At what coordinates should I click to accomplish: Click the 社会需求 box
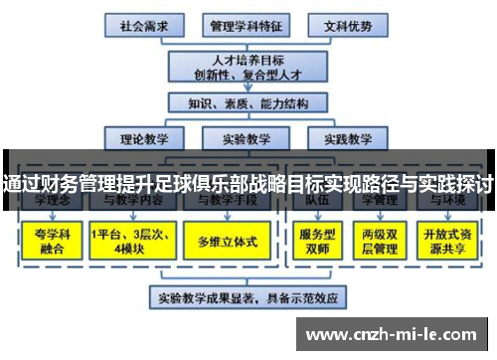[x=141, y=24]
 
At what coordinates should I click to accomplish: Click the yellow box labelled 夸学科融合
[x=50, y=240]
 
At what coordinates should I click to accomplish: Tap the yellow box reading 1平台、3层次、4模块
[x=130, y=240]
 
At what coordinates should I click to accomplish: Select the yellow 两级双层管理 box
[x=382, y=240]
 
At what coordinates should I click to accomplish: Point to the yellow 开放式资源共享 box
[x=449, y=240]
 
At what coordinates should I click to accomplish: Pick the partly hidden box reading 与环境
[x=449, y=201]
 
